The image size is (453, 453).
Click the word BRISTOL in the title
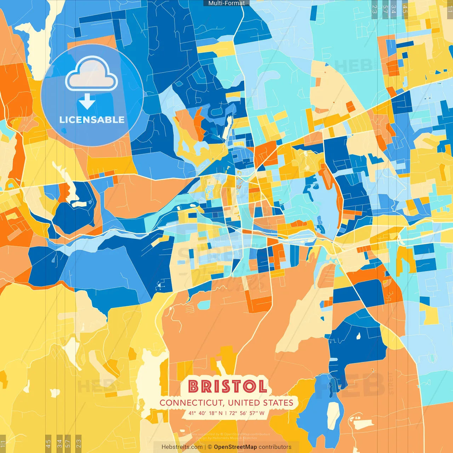[x=227, y=386]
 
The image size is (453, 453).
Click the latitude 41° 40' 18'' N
[x=205, y=413]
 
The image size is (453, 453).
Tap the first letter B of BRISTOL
[x=194, y=386]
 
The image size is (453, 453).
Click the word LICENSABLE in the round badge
[x=92, y=120]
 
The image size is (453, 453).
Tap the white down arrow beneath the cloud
[x=87, y=102]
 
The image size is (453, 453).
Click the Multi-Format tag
[x=226, y=3]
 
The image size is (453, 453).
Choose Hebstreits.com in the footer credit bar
[x=182, y=447]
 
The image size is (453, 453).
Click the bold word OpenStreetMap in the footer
[x=235, y=447]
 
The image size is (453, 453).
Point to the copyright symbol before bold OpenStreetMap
[x=210, y=447]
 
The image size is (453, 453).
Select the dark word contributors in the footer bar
[x=275, y=447]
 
